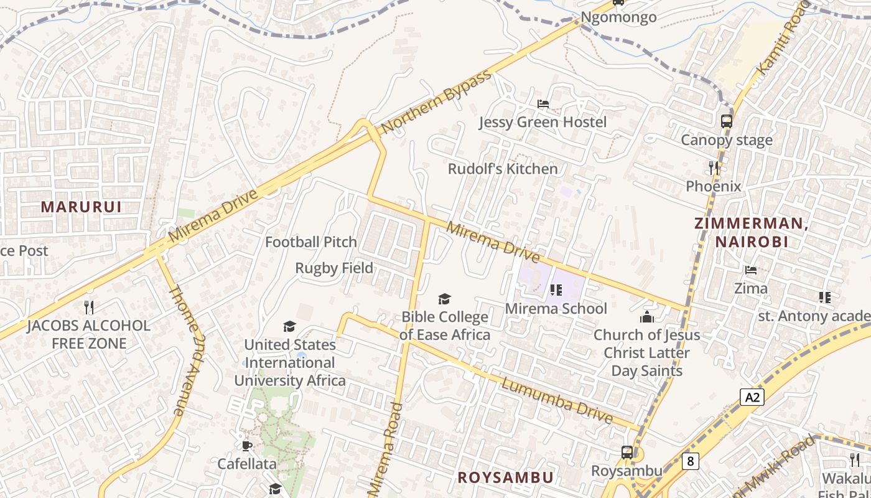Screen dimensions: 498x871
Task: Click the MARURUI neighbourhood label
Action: point(81,207)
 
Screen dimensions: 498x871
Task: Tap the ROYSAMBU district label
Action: point(505,477)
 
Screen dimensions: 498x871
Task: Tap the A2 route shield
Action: point(752,397)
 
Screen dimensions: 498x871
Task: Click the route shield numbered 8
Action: point(690,461)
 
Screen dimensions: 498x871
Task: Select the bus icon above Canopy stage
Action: point(726,121)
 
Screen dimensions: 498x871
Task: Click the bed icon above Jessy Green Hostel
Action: point(543,103)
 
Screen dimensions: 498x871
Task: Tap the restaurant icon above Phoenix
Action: point(714,167)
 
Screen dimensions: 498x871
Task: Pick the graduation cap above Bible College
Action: point(444,299)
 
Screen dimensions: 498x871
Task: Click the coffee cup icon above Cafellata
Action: point(247,446)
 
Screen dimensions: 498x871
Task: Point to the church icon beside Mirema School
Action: point(647,317)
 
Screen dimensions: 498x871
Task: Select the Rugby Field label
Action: point(334,268)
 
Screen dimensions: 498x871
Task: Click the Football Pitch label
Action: point(311,242)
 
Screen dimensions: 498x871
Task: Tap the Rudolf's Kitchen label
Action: point(503,169)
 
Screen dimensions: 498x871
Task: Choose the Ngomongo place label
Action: point(618,17)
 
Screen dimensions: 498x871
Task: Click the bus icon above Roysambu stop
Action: point(627,453)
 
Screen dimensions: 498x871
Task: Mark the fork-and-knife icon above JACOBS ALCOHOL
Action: point(88,307)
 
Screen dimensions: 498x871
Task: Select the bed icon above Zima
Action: point(751,270)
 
